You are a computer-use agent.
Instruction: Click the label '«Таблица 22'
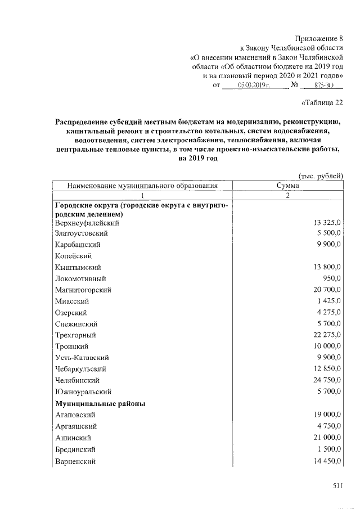(322, 102)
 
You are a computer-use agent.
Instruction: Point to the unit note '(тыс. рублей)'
(320, 176)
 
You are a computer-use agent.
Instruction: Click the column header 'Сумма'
(287, 186)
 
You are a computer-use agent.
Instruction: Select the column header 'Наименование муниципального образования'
(142, 186)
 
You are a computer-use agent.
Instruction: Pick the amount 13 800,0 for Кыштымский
(327, 267)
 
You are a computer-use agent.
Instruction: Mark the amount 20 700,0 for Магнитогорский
(327, 290)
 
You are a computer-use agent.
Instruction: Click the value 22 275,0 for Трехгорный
(327, 335)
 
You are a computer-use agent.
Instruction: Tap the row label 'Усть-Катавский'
(82, 358)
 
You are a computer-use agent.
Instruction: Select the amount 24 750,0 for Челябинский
(327, 380)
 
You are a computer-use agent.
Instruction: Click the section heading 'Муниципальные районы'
(100, 404)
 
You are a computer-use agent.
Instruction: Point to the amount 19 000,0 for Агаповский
(327, 415)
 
